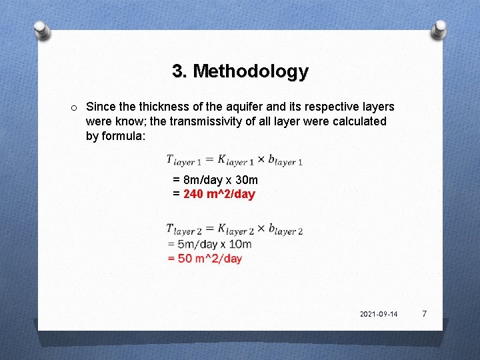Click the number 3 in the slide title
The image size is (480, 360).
point(177,71)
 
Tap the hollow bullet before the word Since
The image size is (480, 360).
point(74,107)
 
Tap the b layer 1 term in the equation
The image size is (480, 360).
point(285,160)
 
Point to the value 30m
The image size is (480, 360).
point(246,180)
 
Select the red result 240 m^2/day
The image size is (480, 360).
point(219,194)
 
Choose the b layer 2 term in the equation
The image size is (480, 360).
point(285,229)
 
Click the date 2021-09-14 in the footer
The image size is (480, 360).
point(378,314)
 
